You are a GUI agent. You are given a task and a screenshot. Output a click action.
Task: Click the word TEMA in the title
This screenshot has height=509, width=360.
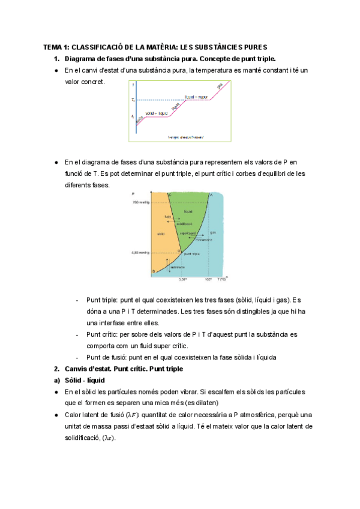point(53,47)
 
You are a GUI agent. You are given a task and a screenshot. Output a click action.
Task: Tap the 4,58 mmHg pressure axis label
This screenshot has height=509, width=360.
point(139,253)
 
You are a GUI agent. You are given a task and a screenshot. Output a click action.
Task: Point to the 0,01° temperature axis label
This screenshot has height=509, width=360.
point(184,279)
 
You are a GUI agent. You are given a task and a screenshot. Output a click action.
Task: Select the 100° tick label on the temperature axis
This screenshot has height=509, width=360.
point(208,279)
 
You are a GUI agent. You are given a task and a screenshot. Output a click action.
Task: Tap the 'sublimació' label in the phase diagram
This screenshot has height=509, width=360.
point(178,268)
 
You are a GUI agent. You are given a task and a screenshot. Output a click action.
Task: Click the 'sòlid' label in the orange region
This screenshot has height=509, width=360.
point(160,233)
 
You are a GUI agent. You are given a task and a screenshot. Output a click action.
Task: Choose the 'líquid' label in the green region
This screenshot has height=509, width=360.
point(188,211)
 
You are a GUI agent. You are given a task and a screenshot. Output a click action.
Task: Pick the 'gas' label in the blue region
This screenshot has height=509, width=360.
point(212,232)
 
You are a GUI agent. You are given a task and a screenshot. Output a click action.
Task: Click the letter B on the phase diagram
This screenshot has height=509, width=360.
point(153,272)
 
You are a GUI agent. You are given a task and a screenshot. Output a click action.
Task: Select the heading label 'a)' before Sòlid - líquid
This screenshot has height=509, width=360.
point(51,380)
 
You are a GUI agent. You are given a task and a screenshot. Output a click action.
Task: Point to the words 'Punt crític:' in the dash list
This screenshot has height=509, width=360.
point(104,333)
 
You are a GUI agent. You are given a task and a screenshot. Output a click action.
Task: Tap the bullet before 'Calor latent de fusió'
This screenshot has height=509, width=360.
point(56,415)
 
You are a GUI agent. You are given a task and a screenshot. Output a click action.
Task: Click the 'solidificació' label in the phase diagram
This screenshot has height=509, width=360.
point(175,223)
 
